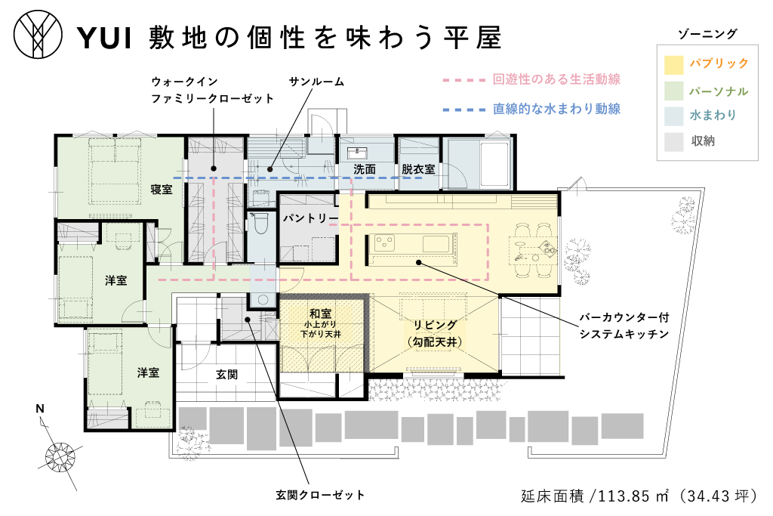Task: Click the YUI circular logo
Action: [x=38, y=35]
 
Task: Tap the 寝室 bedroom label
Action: [x=162, y=190]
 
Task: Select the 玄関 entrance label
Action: [x=226, y=375]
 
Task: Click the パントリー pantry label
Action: [x=310, y=218]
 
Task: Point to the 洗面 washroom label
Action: [x=365, y=169]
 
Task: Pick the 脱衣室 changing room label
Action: [x=418, y=169]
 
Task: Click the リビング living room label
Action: [x=435, y=325]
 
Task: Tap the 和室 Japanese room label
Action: [x=320, y=314]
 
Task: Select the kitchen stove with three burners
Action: [x=385, y=243]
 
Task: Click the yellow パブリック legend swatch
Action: [x=673, y=65]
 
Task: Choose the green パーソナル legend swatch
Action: [x=673, y=91]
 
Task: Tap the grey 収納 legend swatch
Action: [x=673, y=141]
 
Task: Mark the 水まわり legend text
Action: [x=713, y=115]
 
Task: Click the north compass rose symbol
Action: [x=60, y=456]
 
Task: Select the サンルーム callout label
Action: [x=316, y=82]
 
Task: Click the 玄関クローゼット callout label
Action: [x=320, y=495]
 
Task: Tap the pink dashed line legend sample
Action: [x=464, y=80]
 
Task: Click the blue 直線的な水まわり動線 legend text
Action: [x=556, y=109]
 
